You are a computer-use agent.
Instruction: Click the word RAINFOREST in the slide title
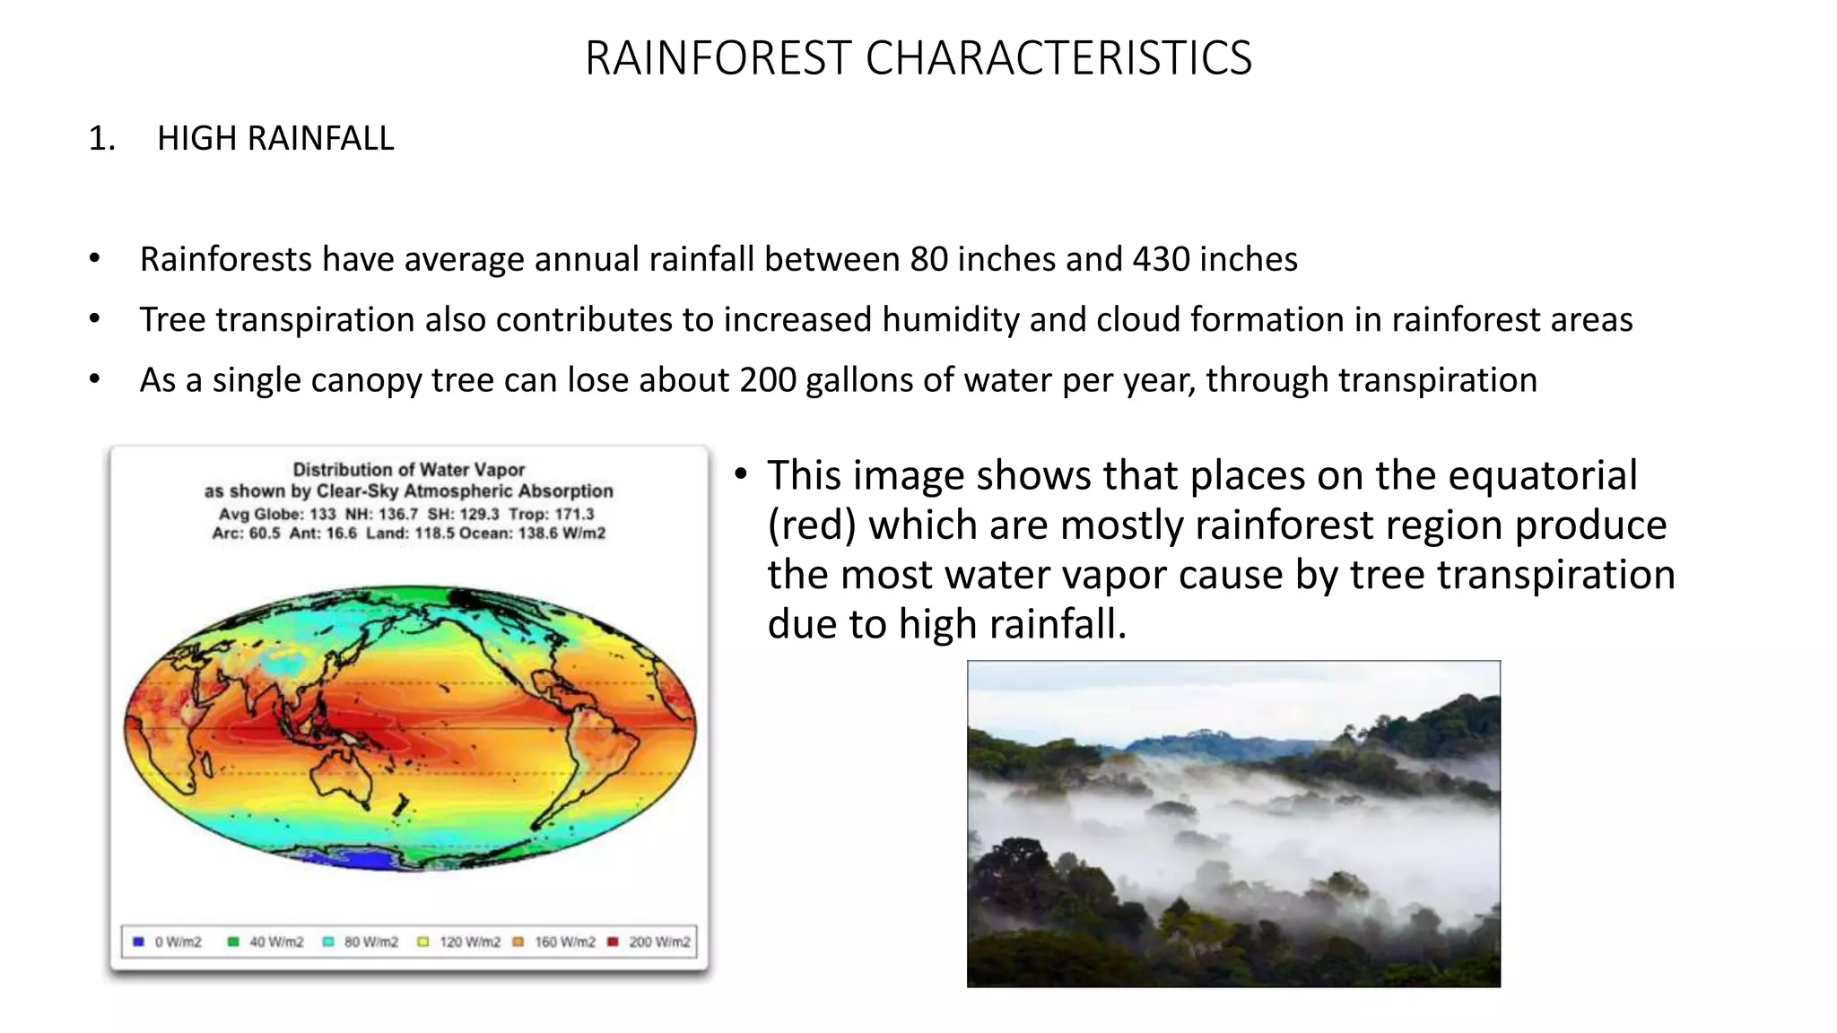point(718,58)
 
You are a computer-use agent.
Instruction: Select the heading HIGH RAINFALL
point(275,139)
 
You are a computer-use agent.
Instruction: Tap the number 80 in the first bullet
point(928,260)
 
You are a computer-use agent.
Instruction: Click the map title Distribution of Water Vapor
point(408,470)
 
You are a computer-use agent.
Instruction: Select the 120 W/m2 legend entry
point(460,942)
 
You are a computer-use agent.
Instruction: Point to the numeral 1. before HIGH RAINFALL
point(101,139)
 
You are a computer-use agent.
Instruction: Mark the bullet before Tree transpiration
point(94,319)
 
